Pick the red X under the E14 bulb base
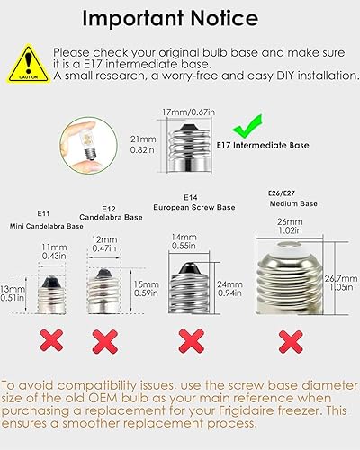pos(190,340)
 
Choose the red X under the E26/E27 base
pos(289,340)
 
